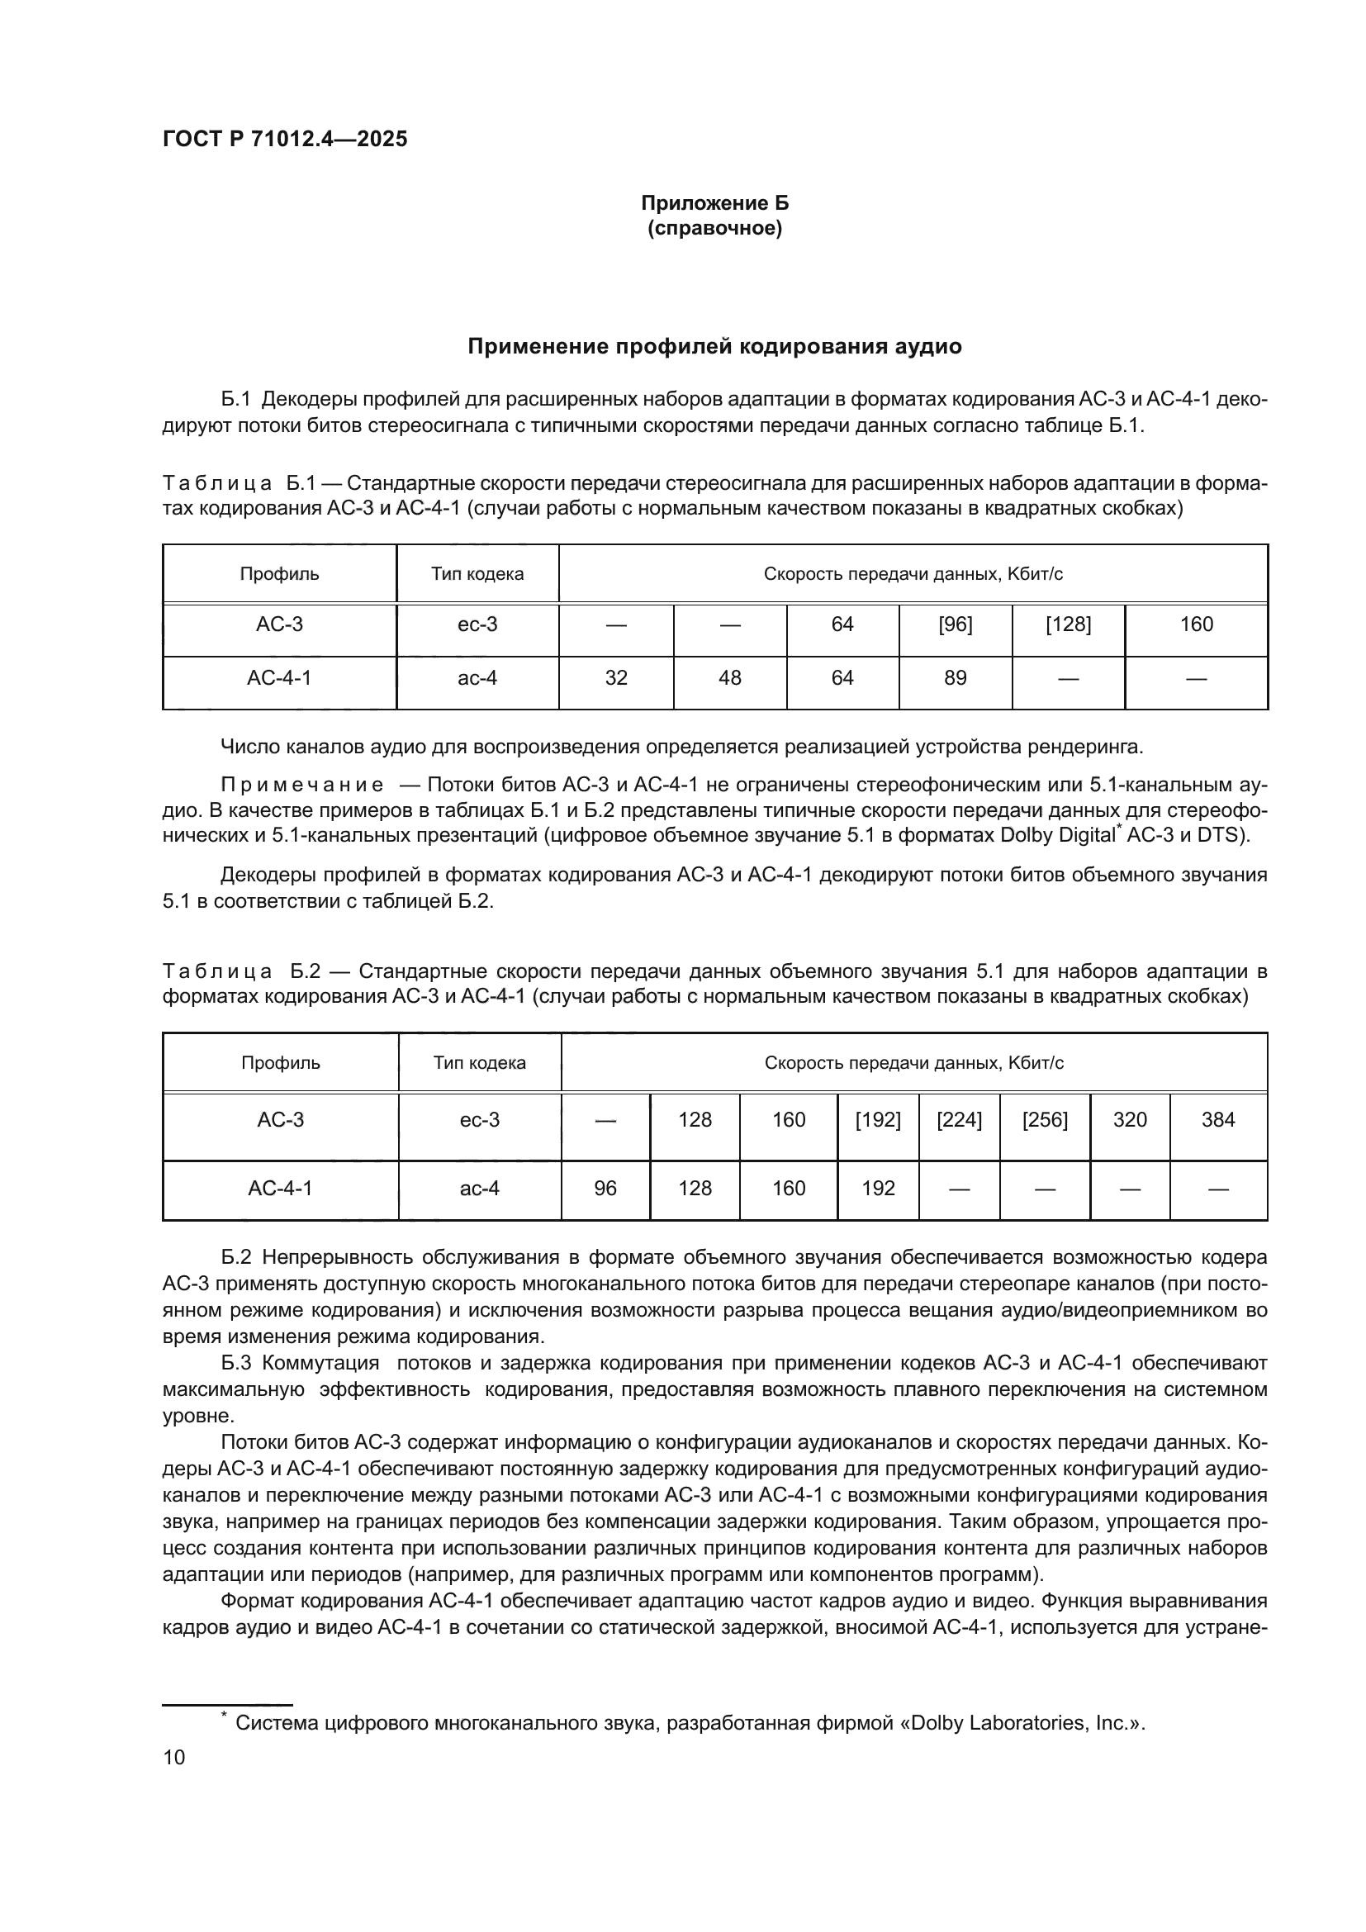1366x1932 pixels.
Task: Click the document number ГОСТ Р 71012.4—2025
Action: click(x=284, y=139)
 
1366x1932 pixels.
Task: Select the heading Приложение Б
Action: click(x=714, y=203)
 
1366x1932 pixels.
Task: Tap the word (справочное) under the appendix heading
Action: click(x=714, y=229)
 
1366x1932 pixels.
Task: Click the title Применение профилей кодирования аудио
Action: click(x=714, y=347)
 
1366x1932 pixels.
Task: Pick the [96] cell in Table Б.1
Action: click(x=955, y=624)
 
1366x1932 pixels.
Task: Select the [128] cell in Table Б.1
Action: click(x=1067, y=624)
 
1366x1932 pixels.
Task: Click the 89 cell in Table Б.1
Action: click(x=955, y=677)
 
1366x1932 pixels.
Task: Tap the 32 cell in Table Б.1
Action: click(x=616, y=677)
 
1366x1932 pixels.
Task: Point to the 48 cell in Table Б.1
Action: click(x=729, y=677)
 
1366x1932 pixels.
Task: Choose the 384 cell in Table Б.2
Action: click(x=1217, y=1120)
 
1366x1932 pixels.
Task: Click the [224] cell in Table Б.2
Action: click(x=959, y=1120)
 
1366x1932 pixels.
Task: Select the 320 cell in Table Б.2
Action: click(x=1129, y=1120)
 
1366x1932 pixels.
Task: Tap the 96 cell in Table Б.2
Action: click(x=605, y=1188)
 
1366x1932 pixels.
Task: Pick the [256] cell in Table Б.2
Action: click(x=1045, y=1120)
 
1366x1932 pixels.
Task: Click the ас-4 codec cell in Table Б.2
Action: click(x=480, y=1188)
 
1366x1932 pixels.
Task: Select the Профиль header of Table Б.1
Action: click(x=279, y=574)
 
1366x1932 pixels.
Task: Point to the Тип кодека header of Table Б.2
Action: click(x=480, y=1063)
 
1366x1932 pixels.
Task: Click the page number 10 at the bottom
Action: click(x=174, y=1757)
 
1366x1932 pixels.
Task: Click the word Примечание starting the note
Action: click(x=302, y=785)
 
